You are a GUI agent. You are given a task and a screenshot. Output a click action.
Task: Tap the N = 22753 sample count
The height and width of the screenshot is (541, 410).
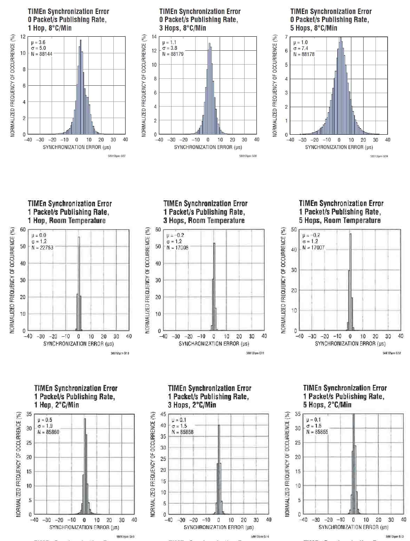[40, 247]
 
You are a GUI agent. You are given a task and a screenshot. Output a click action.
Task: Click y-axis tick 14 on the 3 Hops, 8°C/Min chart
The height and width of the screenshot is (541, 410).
[154, 37]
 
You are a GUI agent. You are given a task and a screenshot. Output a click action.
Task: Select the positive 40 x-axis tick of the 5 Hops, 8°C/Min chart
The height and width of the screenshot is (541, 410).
[387, 140]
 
